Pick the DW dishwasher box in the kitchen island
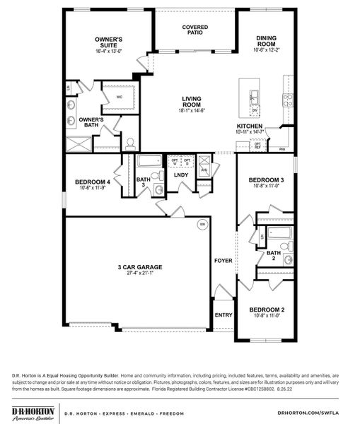[254, 110]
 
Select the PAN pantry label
[282, 150]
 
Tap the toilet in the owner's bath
[130, 144]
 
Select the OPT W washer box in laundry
[175, 162]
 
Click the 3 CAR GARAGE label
[140, 267]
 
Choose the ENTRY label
[223, 315]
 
